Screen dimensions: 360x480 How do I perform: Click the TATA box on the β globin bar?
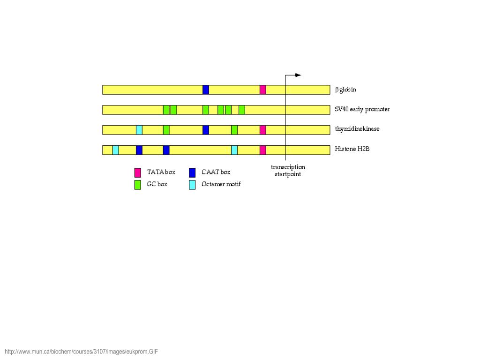point(263,90)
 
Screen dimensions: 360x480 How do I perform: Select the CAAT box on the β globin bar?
point(206,90)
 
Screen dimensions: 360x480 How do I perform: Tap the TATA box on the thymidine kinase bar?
point(263,130)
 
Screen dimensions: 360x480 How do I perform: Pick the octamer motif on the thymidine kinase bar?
point(139,130)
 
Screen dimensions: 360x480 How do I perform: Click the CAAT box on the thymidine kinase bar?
point(206,130)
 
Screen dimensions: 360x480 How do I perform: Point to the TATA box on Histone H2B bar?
point(263,150)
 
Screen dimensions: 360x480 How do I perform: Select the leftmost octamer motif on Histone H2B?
point(116,150)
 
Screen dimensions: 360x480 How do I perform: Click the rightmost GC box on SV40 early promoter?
point(242,110)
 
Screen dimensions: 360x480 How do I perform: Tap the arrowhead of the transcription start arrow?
point(298,75)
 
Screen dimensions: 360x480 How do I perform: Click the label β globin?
point(345,90)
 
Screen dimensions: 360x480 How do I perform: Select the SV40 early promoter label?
point(362,109)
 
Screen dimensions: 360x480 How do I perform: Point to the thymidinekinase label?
point(357,129)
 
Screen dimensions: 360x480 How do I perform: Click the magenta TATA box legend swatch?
point(138,172)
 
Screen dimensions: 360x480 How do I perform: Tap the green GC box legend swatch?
point(138,185)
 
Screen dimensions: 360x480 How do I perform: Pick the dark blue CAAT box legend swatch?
point(192,172)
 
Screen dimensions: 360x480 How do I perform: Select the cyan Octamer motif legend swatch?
point(192,185)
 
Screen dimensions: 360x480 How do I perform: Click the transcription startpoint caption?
point(288,171)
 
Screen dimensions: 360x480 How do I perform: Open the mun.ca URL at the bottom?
point(82,352)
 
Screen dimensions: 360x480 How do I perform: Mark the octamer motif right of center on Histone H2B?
point(234,150)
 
